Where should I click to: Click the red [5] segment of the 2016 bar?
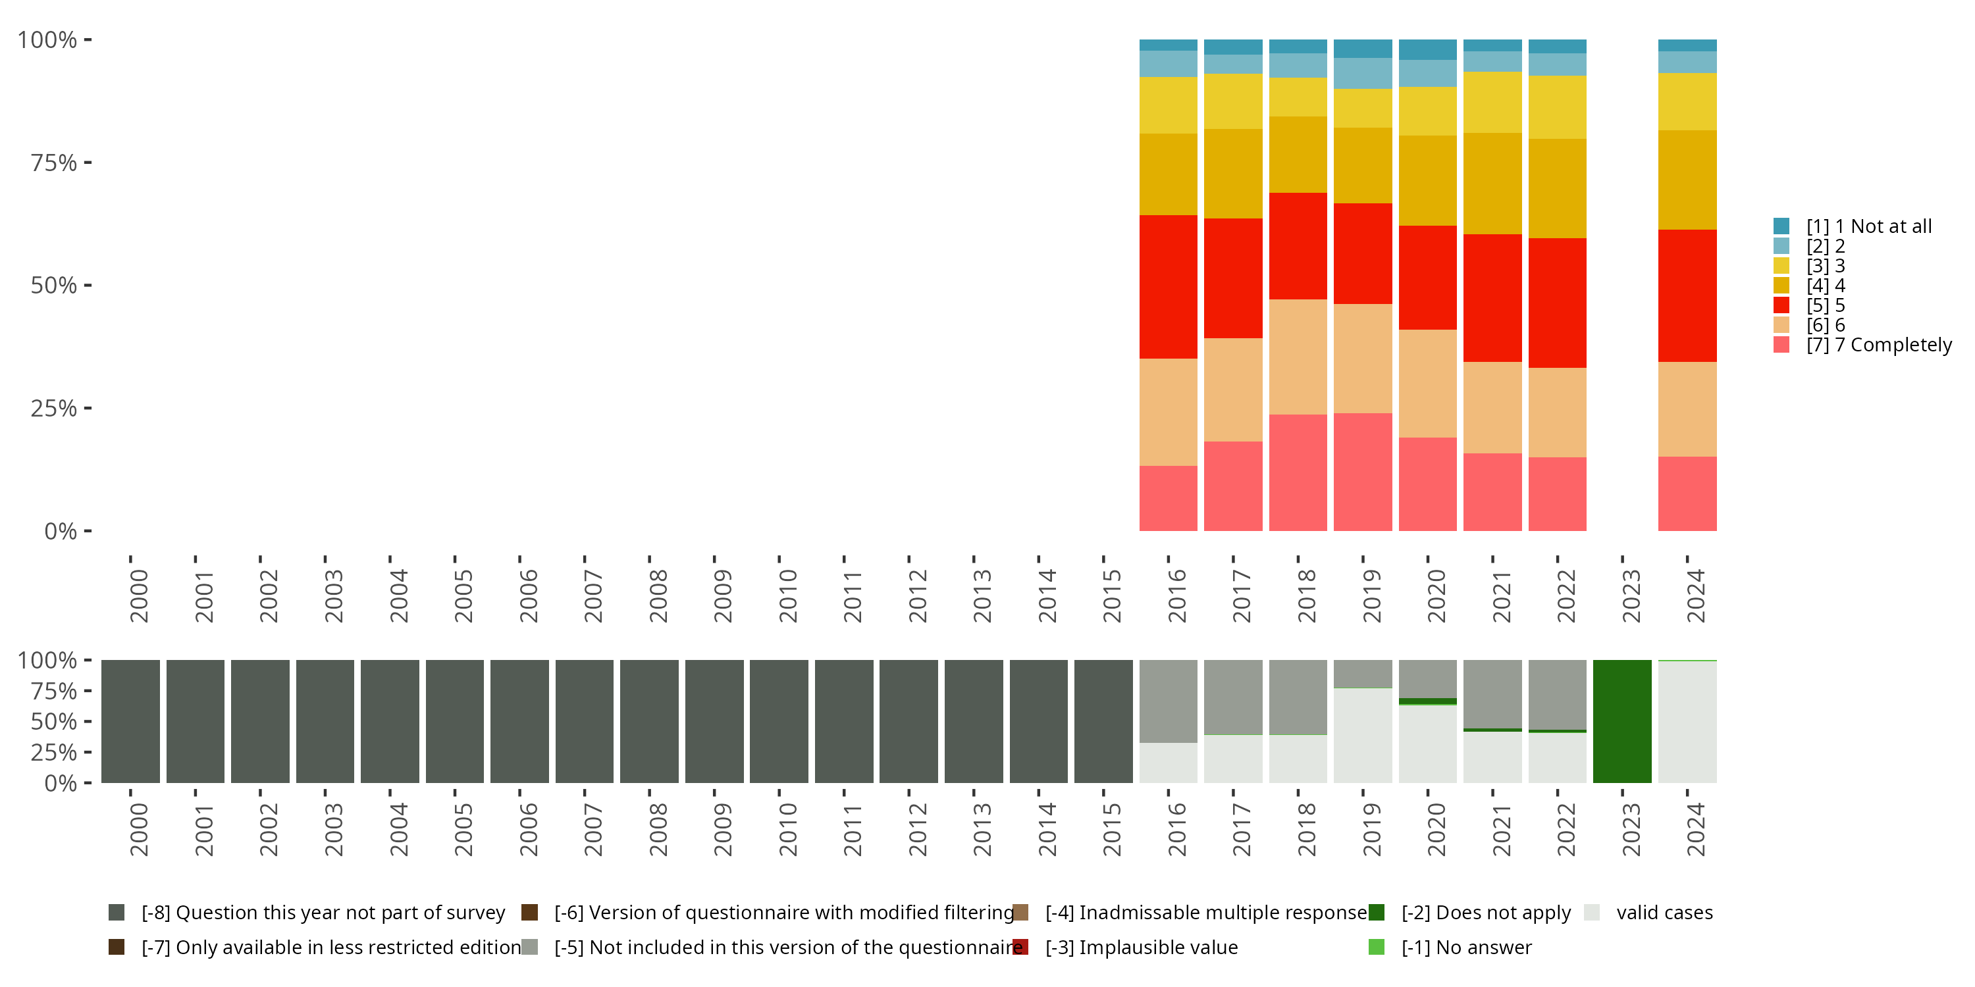[x=1168, y=287]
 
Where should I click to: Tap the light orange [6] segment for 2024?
[x=1687, y=409]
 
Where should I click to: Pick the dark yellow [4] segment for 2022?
[x=1557, y=188]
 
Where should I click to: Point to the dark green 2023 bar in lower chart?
[x=1621, y=721]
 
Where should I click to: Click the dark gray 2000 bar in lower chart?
[x=130, y=721]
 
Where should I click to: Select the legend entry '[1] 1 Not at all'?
[x=1868, y=226]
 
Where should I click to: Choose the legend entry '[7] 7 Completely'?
[x=1878, y=345]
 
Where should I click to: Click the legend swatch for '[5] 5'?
[x=1781, y=305]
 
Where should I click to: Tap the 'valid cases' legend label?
[x=1664, y=913]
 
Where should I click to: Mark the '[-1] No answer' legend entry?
[x=1466, y=948]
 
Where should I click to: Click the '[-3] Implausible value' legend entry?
[x=1141, y=948]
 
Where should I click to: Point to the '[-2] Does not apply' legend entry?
[x=1485, y=913]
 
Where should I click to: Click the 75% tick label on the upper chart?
[x=54, y=163]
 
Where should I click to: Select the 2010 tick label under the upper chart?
[x=788, y=595]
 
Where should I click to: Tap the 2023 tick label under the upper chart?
[x=1631, y=595]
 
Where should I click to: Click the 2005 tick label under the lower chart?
[x=463, y=829]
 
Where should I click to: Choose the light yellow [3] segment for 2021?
[x=1492, y=103]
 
